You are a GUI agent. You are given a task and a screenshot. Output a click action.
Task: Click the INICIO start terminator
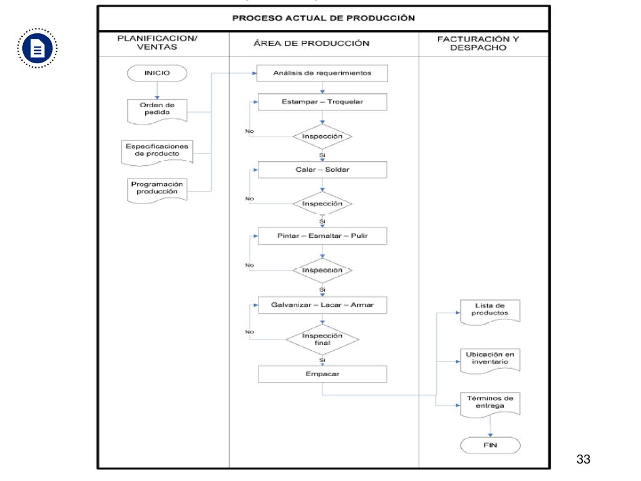(157, 73)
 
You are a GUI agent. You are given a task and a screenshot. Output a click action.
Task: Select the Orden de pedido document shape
(157, 111)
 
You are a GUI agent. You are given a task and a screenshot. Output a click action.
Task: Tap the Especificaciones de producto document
(157, 153)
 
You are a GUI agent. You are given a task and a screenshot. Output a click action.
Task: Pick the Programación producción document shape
(157, 190)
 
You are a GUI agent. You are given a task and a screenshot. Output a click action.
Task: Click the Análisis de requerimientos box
(322, 73)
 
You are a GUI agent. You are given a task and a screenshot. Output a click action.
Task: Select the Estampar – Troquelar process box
(322, 102)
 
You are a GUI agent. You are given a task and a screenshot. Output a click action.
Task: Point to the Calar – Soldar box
(322, 170)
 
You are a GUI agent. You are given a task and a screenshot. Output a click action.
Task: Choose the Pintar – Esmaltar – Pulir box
(322, 236)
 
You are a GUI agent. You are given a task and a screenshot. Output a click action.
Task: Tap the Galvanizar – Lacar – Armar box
(322, 305)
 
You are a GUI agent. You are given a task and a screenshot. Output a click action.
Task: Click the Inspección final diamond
(322, 339)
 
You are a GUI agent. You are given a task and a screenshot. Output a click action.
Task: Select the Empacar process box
(322, 374)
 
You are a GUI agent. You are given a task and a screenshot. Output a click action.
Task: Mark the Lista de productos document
(490, 312)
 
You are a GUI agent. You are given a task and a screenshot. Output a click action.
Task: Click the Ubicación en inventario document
(490, 361)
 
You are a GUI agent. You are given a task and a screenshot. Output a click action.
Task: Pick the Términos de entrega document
(490, 405)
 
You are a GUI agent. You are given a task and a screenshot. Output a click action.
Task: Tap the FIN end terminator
(490, 445)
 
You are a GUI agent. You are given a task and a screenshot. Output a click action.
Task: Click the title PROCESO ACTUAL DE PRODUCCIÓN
(324, 18)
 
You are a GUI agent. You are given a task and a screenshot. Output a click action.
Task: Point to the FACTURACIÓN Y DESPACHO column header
(478, 43)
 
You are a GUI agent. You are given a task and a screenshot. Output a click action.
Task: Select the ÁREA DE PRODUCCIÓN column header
(312, 43)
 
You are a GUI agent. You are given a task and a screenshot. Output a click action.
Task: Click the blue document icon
(37, 48)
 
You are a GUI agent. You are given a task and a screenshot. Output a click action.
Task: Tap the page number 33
(583, 459)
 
